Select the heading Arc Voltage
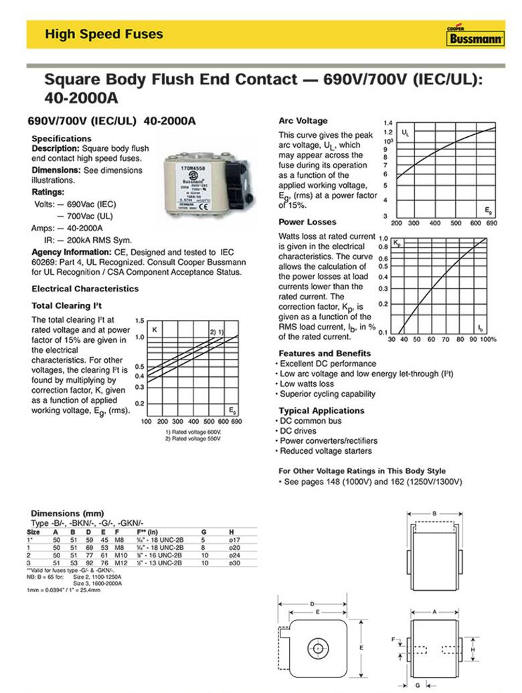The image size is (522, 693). pyautogui.click(x=302, y=121)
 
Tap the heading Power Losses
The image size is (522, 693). pyautogui.click(x=307, y=222)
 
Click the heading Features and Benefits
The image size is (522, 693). pyautogui.click(x=325, y=353)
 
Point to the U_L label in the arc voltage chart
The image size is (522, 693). pyautogui.click(x=405, y=134)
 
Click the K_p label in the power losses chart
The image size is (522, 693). pyautogui.click(x=397, y=241)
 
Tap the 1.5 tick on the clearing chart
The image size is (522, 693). pyautogui.click(x=139, y=321)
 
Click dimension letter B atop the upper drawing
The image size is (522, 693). pyautogui.click(x=434, y=514)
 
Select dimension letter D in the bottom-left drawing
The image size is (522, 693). pyautogui.click(x=312, y=604)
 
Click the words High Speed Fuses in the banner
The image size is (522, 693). pyautogui.click(x=104, y=34)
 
